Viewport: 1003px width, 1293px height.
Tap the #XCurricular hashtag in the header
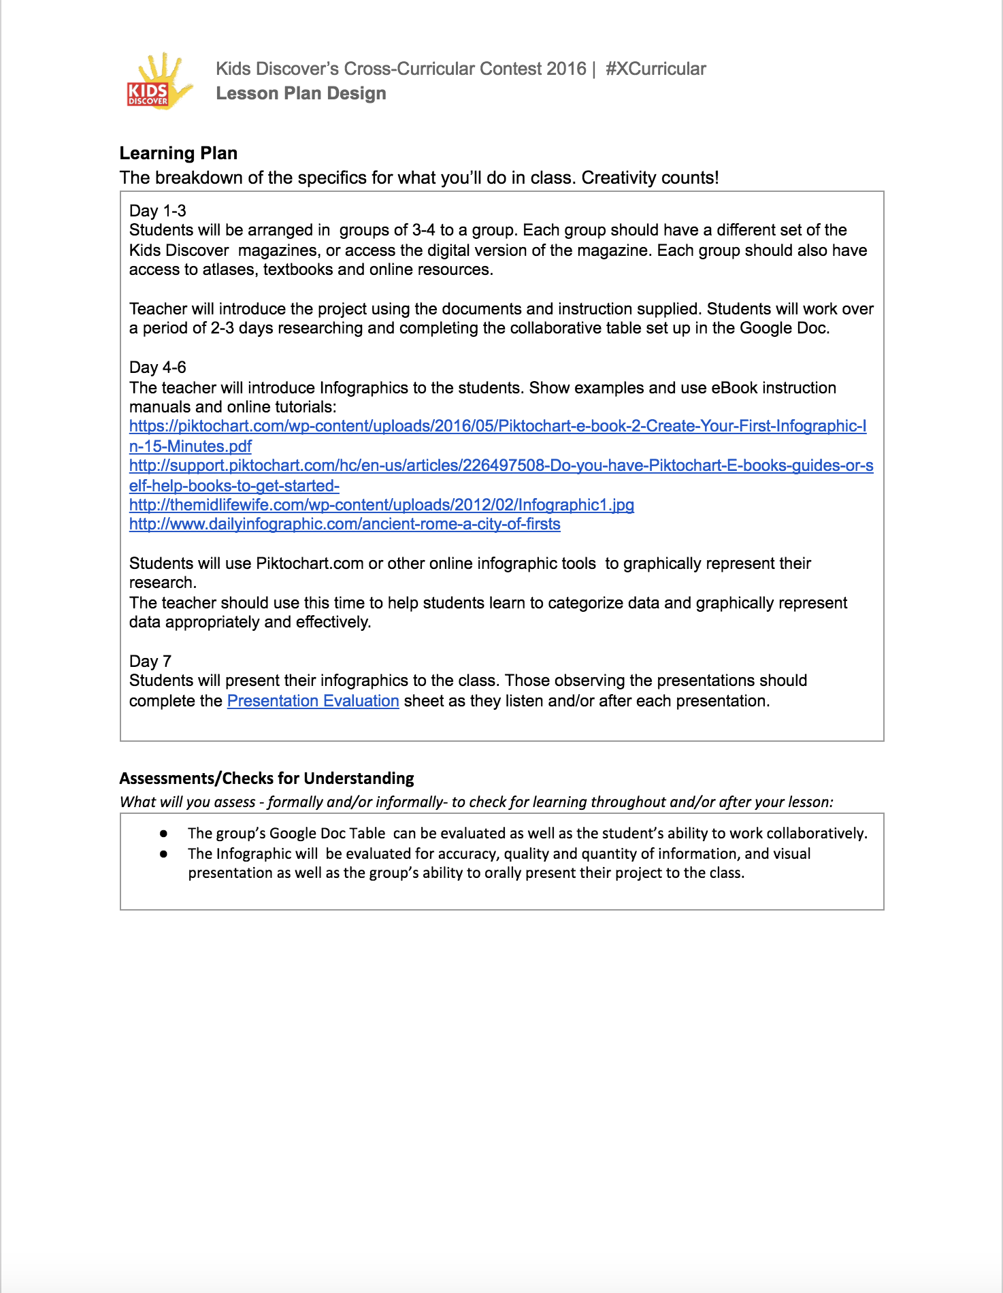coord(655,69)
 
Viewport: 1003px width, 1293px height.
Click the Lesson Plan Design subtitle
coord(301,93)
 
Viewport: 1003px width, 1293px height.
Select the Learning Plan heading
coord(178,153)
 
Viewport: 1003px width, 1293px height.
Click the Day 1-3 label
coord(158,210)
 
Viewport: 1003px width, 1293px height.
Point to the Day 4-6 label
coord(158,367)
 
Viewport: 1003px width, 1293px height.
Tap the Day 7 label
coord(150,661)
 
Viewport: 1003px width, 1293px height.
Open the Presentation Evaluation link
coord(313,701)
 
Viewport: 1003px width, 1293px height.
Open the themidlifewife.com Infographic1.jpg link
coord(381,505)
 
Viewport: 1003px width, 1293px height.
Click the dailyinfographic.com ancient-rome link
coord(344,525)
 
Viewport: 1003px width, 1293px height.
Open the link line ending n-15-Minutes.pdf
coord(191,446)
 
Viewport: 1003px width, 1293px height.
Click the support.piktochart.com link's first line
coord(501,466)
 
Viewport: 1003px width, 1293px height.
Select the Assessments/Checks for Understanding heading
coord(267,779)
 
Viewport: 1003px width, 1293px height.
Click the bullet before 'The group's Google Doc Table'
coord(163,834)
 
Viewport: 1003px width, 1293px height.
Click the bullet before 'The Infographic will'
coord(163,854)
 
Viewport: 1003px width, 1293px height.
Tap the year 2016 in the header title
coord(566,69)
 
